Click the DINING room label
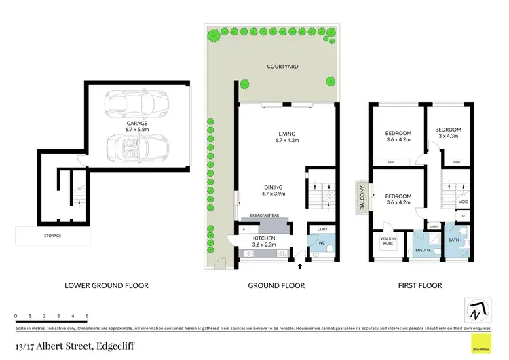click(x=274, y=187)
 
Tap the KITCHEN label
click(x=263, y=238)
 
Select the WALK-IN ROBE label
click(x=389, y=240)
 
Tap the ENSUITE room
click(x=423, y=251)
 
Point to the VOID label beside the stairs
click(x=464, y=202)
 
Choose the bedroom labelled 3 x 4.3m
click(x=448, y=132)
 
